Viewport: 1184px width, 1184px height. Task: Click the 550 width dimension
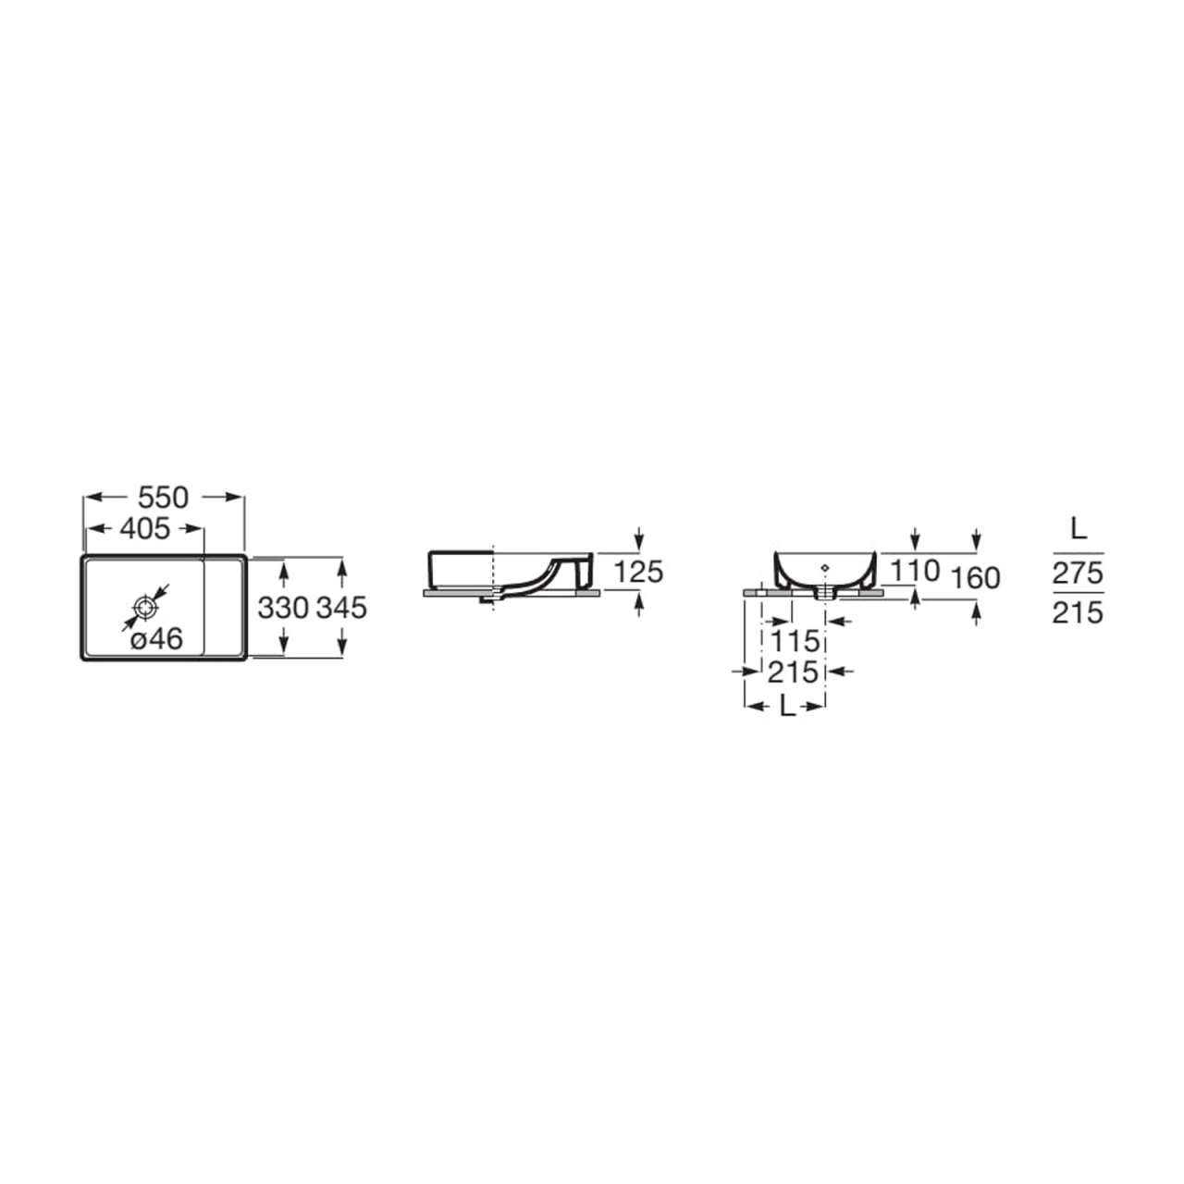coord(163,498)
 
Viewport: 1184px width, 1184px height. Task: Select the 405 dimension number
coord(144,528)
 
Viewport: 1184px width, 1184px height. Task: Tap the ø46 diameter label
coord(157,639)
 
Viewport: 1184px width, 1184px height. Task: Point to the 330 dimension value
coord(283,608)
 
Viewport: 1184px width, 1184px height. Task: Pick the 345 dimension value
coord(341,608)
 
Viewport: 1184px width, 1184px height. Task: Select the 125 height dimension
coord(639,572)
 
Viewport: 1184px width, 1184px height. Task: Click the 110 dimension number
coord(916,571)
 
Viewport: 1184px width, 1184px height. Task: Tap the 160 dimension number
coord(976,578)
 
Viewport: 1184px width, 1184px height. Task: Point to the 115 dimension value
coord(795,641)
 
